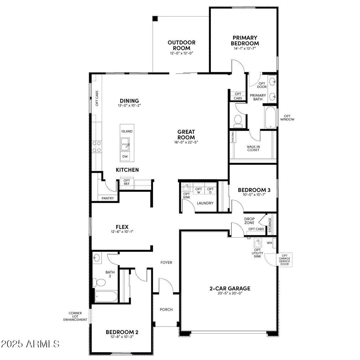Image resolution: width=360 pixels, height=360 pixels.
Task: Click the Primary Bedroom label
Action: coord(245,40)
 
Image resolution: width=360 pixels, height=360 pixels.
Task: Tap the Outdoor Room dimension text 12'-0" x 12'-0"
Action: coord(181,53)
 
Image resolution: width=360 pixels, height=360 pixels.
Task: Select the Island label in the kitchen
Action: coord(127,131)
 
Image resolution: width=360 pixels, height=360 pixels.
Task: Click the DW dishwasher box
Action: coord(125,156)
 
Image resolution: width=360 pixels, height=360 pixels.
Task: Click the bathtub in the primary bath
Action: coord(270,117)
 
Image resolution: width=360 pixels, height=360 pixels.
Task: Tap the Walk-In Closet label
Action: coord(253,148)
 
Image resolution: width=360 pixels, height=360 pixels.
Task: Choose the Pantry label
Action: coord(108,198)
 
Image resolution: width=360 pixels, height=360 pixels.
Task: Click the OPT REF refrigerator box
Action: coord(127,182)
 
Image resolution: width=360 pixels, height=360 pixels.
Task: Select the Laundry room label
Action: coord(205,203)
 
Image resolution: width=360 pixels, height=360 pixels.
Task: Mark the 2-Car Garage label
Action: coord(230,289)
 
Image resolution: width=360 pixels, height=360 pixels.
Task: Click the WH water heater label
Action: coord(270,243)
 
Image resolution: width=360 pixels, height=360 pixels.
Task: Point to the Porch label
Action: coord(166,309)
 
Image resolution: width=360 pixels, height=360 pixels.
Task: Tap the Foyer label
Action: coord(166,262)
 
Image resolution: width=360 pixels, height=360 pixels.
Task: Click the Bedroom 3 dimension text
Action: coord(253,194)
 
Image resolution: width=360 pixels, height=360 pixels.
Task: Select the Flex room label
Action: coord(121,227)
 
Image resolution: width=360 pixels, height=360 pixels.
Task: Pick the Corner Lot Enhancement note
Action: coord(75,316)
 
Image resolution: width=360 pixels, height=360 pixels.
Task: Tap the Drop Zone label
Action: coord(249,221)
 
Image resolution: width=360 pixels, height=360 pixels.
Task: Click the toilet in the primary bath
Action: coord(238,121)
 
